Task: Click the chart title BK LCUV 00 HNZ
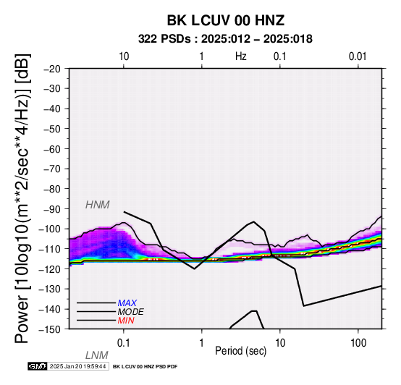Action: (x=226, y=20)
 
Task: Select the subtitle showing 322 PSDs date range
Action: (x=225, y=39)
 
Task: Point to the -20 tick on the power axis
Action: (x=52, y=69)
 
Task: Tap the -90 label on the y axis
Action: (x=52, y=209)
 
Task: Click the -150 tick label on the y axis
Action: (x=50, y=329)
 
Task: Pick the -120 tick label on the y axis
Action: (x=50, y=269)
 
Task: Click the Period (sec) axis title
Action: (x=240, y=351)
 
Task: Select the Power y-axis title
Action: (x=23, y=198)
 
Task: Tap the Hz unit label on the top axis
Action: (x=240, y=56)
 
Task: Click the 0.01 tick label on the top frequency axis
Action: (x=358, y=56)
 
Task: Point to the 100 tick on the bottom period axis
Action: (x=358, y=343)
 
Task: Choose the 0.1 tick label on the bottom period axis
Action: (x=124, y=343)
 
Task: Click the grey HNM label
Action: (x=98, y=205)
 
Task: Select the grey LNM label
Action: (x=97, y=355)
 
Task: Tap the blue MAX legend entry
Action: (x=127, y=303)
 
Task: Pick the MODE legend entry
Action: (x=131, y=312)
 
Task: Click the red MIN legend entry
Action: (x=126, y=321)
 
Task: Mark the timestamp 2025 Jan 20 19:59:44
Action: (x=77, y=366)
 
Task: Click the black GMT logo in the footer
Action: (x=38, y=366)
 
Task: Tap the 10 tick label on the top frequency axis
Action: (x=124, y=56)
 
